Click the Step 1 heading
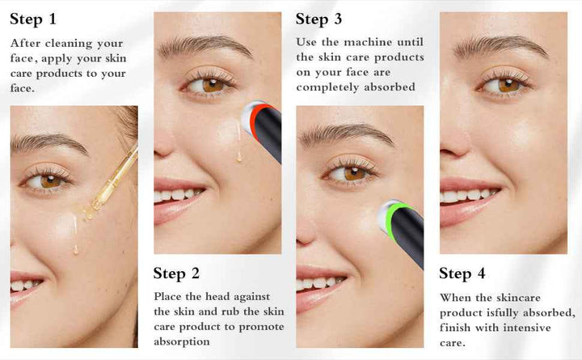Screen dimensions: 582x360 (33, 19)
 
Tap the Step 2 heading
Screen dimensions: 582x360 (176, 273)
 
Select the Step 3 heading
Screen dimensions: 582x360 (318, 19)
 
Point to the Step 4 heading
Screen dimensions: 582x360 (462, 273)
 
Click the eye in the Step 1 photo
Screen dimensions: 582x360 (48, 181)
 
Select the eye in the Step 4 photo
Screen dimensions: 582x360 (504, 86)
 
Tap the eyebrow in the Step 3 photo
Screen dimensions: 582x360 (347, 134)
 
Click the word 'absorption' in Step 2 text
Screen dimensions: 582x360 (182, 341)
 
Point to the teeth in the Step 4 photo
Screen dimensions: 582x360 (469, 196)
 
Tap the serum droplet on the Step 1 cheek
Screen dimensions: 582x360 (76, 248)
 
